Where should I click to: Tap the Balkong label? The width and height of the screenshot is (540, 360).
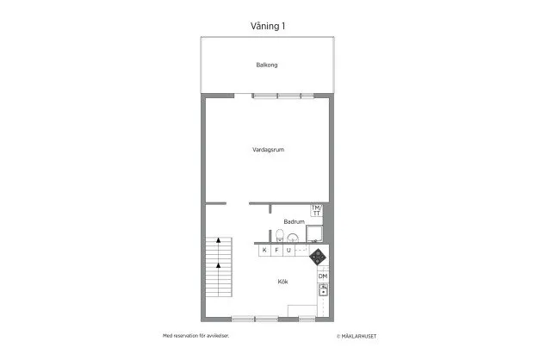[266, 65]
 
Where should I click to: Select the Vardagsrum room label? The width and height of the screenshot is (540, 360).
[269, 149]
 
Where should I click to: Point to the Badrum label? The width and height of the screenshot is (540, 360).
[294, 221]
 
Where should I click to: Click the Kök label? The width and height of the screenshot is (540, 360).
[282, 282]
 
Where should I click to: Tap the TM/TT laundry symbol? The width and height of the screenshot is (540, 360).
[316, 210]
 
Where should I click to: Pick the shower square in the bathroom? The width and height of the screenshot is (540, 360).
[315, 233]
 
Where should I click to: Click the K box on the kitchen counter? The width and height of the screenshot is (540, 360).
[264, 250]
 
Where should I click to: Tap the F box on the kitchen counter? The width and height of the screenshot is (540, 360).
[276, 250]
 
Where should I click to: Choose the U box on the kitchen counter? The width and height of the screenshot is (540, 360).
[289, 250]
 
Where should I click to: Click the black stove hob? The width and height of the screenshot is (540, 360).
[318, 256]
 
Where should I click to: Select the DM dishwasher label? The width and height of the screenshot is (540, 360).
[322, 276]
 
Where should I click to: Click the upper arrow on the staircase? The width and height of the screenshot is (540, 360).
[219, 240]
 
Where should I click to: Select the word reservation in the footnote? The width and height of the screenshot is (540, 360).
[190, 336]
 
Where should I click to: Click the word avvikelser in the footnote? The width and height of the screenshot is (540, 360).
[219, 336]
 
